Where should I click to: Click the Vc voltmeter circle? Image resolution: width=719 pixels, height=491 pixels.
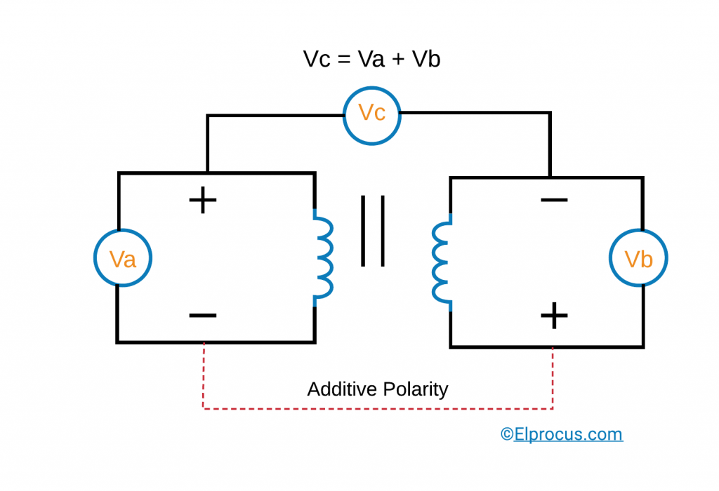371,113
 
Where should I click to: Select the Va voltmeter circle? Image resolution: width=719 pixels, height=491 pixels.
123,259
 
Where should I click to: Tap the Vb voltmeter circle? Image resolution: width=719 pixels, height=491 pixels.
638,259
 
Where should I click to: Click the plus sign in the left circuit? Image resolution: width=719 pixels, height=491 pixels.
203,201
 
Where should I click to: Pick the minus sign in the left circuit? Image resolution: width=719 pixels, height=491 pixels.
203,315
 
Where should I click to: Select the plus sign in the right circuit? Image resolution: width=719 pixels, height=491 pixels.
554,316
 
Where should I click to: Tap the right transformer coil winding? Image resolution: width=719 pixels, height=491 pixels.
440,262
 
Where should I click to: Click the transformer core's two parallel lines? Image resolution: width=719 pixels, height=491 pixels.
373,231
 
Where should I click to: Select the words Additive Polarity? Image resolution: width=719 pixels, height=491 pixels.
378,389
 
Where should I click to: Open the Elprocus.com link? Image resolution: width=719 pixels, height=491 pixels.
562,434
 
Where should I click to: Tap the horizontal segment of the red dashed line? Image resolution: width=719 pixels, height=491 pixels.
378,408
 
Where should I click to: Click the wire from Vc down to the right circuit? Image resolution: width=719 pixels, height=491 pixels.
550,140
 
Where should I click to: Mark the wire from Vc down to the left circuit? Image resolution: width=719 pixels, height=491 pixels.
207,140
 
